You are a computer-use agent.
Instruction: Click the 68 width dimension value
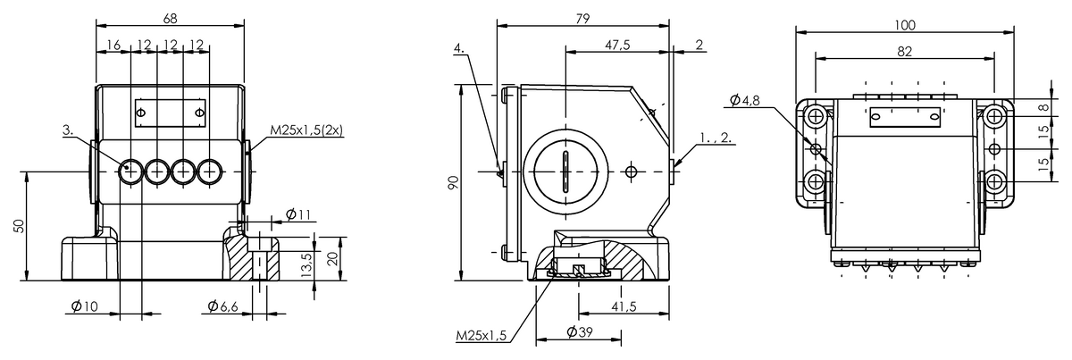click(170, 19)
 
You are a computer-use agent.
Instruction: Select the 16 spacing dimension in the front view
click(113, 45)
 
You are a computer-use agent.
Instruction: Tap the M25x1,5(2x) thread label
click(306, 130)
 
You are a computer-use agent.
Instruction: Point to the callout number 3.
click(68, 130)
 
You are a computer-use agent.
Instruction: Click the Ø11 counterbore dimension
click(298, 214)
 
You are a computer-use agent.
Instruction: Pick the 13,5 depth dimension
click(306, 265)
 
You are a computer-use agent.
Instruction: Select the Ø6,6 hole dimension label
click(223, 306)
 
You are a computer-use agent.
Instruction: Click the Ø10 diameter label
click(84, 306)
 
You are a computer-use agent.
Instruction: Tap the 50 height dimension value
click(18, 226)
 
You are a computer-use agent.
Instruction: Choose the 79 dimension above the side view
click(582, 19)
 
